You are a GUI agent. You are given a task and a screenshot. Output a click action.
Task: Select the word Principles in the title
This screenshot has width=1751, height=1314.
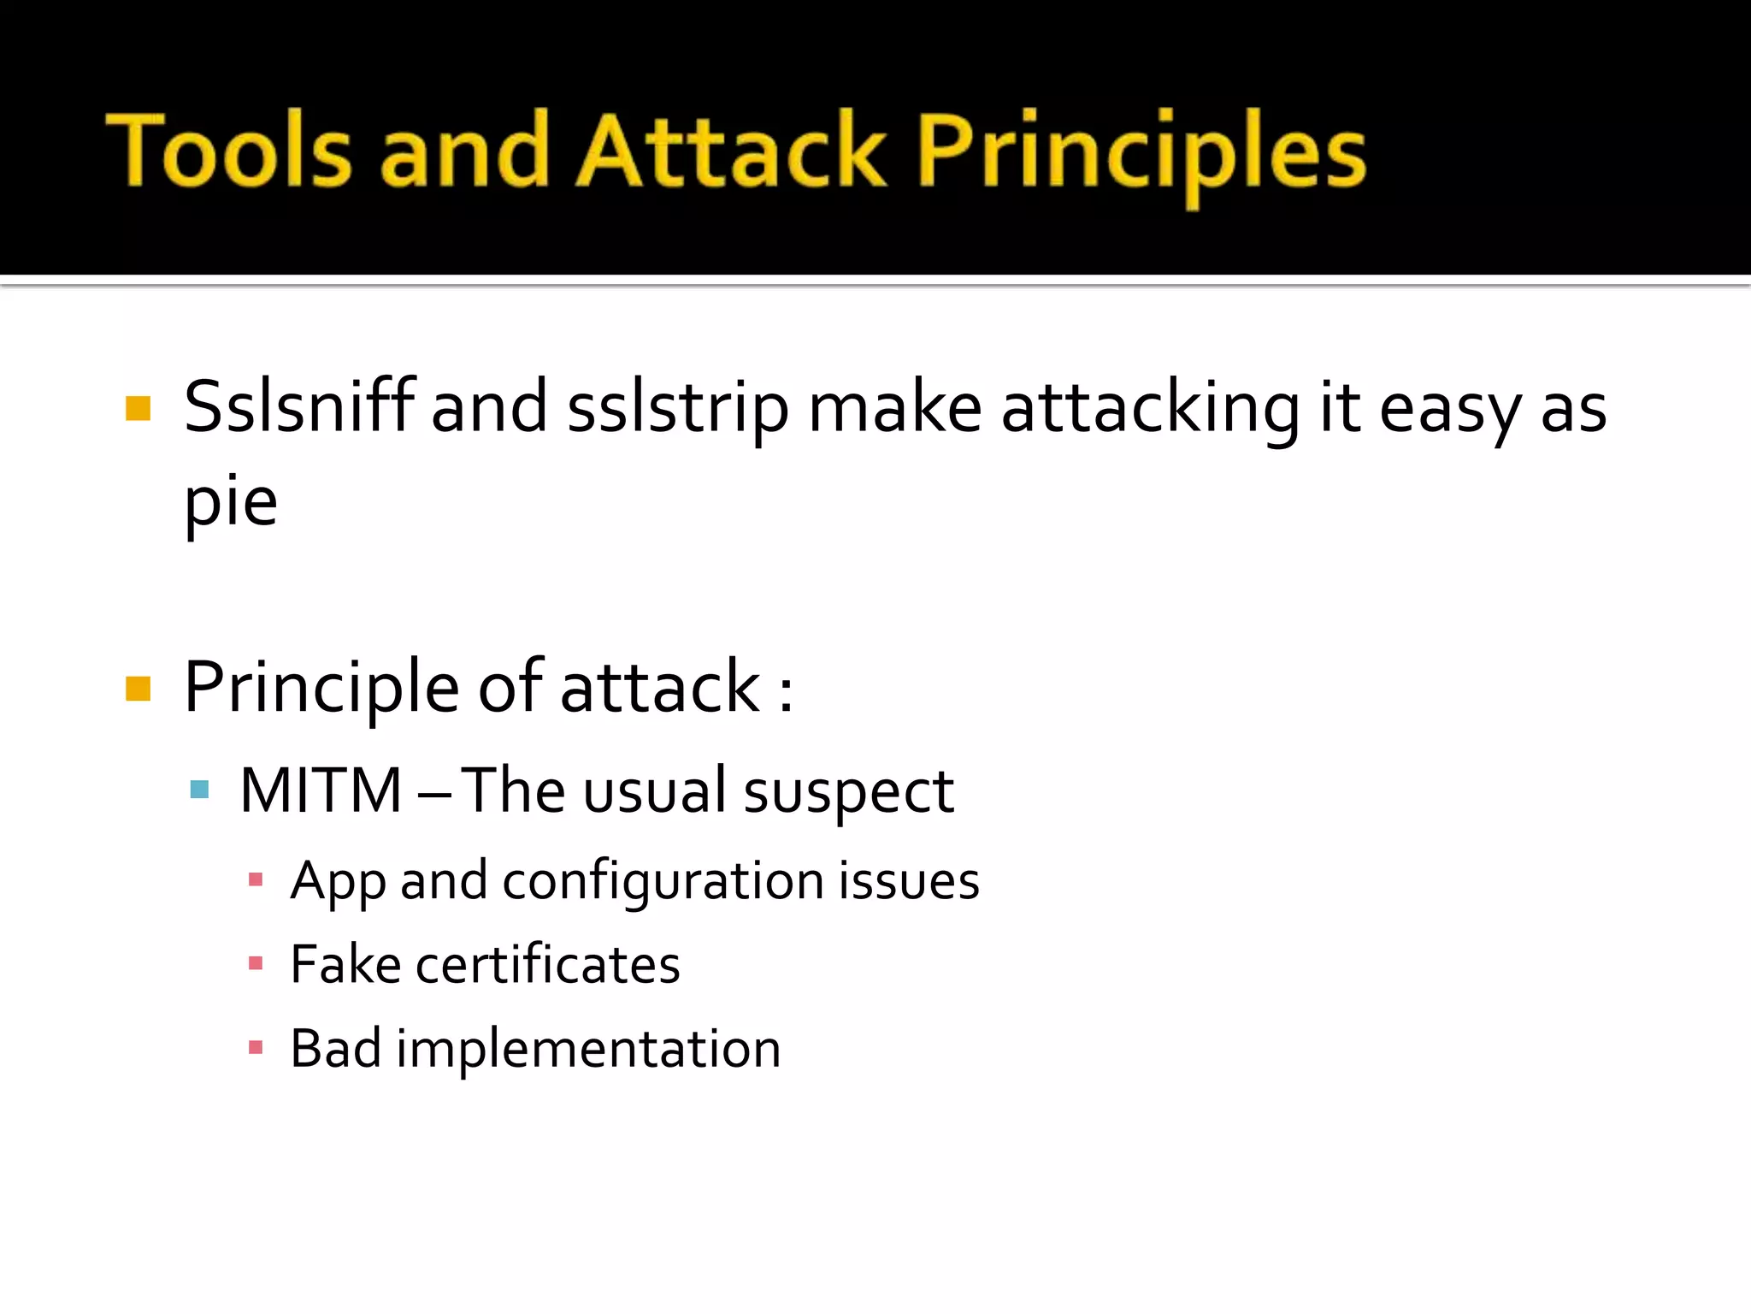pyautogui.click(x=1141, y=154)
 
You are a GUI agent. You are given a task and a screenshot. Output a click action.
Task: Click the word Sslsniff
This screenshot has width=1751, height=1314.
pyautogui.click(x=298, y=407)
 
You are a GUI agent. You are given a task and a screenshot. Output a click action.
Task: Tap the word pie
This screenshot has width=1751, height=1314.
pyautogui.click(x=231, y=503)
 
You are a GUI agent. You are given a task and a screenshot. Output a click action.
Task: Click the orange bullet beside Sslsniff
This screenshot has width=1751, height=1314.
pyautogui.click(x=138, y=409)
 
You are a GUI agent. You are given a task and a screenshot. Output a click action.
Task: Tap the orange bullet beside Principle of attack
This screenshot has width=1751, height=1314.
pyautogui.click(x=138, y=689)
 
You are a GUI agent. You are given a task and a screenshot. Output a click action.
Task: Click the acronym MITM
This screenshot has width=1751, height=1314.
pyautogui.click(x=321, y=790)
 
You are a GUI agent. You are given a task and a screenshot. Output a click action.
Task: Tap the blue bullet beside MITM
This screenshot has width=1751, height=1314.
pyautogui.click(x=199, y=790)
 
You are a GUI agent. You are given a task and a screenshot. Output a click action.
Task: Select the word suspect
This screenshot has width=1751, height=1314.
pyautogui.click(x=848, y=794)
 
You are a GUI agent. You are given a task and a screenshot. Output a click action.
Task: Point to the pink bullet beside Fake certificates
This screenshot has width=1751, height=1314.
pyautogui.click(x=255, y=963)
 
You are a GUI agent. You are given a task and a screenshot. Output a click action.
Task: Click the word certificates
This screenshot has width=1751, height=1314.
pyautogui.click(x=547, y=965)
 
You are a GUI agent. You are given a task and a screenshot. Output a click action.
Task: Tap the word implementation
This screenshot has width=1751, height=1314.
pyautogui.click(x=588, y=1050)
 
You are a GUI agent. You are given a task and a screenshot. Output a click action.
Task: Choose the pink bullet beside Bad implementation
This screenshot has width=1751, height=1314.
pyautogui.click(x=255, y=1047)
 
